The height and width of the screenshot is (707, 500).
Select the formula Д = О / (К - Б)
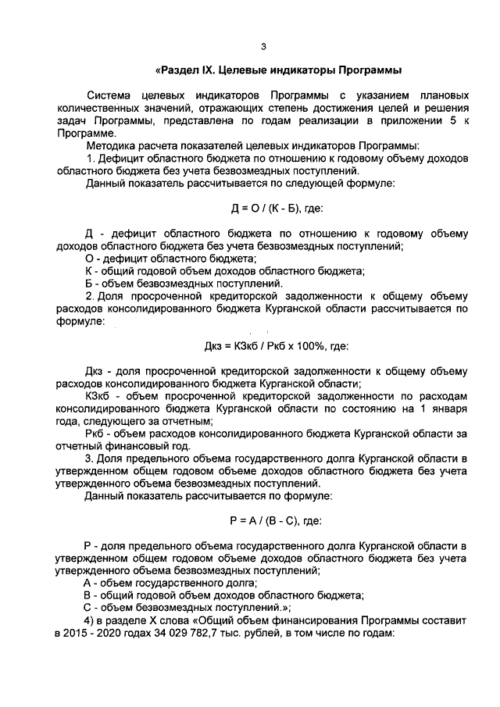click(265, 209)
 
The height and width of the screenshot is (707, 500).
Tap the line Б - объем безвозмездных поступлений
click(184, 283)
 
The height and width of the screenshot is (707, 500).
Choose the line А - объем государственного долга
click(170, 583)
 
